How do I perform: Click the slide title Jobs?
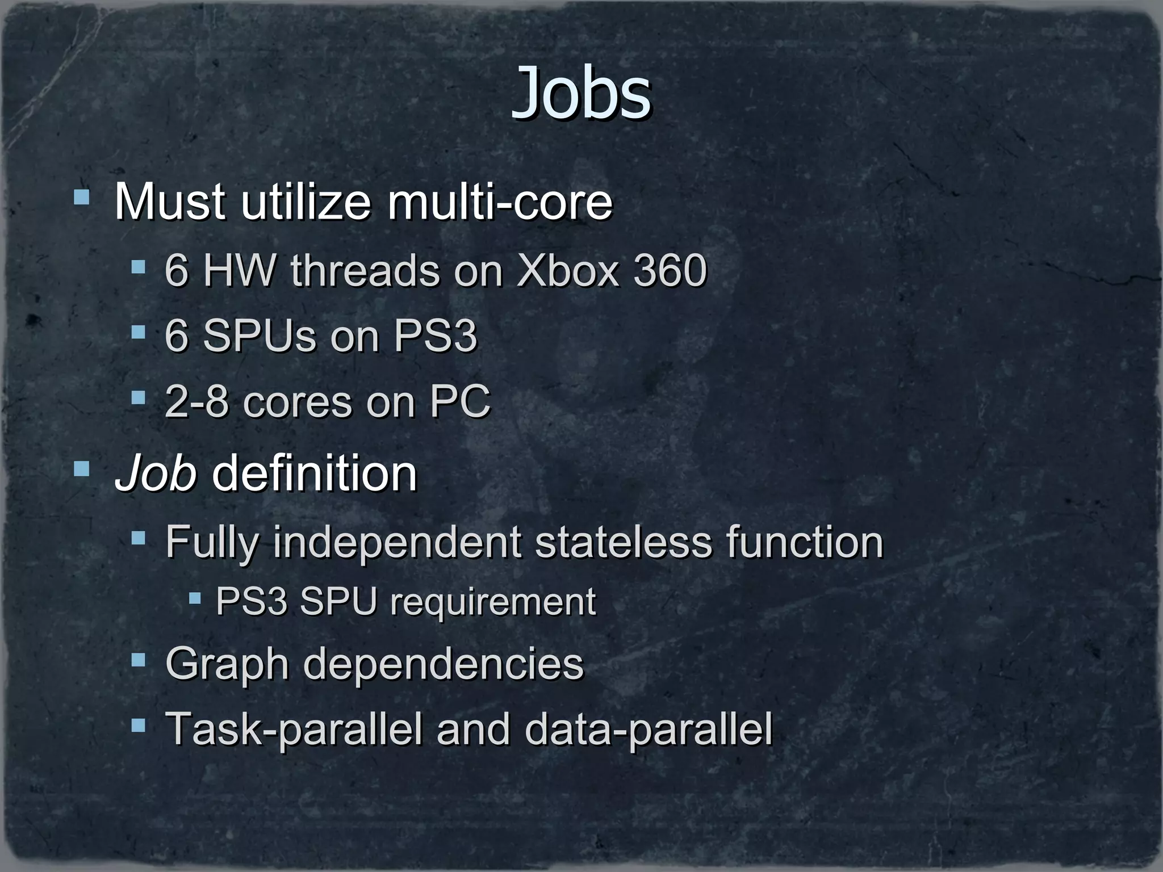point(581,94)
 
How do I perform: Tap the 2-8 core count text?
point(196,401)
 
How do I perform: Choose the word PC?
point(459,401)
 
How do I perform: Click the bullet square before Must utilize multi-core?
point(82,197)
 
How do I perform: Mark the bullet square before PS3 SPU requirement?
point(195,597)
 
